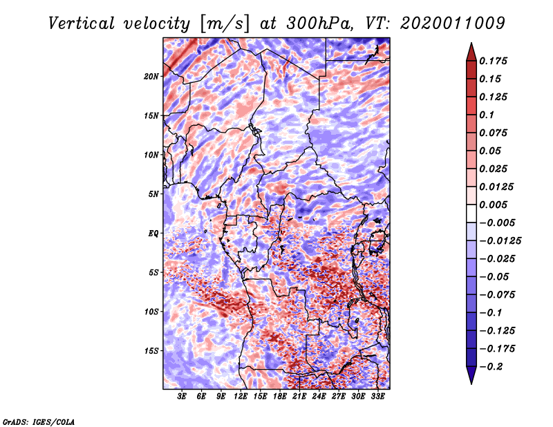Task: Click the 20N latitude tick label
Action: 151,76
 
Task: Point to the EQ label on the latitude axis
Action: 153,234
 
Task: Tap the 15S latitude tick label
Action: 151,351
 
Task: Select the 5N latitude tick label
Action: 153,194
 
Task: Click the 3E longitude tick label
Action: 182,397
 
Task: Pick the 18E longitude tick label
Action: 280,397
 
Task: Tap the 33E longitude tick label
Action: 378,397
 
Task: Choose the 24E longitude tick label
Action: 319,397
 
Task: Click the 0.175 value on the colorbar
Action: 496,61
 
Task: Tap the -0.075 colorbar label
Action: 501,295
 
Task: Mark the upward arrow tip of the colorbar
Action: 471,45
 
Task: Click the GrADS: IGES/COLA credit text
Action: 39,421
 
